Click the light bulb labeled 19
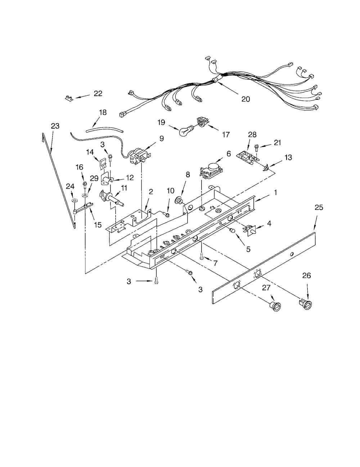pos(186,130)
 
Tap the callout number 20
pos(246,99)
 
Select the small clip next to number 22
pos(69,98)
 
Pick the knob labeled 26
pos(305,305)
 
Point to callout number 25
pos(319,208)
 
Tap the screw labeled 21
pos(256,148)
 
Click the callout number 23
pos(55,126)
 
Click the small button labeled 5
pos(232,230)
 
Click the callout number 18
pos(103,112)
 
